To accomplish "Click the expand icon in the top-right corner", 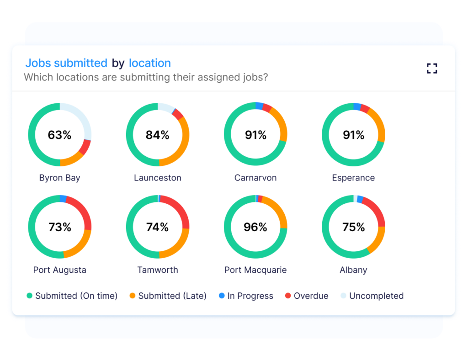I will (432, 69).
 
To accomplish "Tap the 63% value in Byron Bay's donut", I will (59, 135).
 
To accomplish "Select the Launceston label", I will (158, 178).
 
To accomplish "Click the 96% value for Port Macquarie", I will (255, 227).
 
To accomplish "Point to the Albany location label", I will (353, 270).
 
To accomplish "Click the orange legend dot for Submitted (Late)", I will (133, 296).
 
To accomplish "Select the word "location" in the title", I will (150, 63).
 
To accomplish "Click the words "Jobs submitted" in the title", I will (66, 63).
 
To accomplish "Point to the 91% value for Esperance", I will (353, 135).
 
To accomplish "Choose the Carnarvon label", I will (255, 178).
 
